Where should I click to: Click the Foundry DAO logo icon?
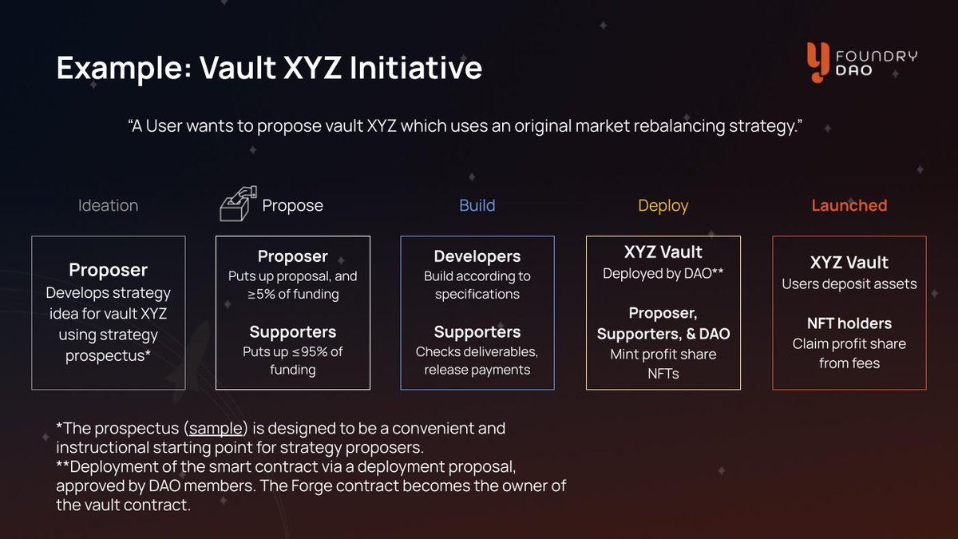pos(817,62)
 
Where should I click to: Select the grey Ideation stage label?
pos(108,205)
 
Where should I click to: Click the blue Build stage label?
pos(477,205)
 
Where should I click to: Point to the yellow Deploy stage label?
pos(663,205)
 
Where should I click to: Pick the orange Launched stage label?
pos(849,205)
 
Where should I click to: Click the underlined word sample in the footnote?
pos(216,428)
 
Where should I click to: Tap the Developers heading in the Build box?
pos(477,256)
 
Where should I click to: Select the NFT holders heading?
pos(849,323)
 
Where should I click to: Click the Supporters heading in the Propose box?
pos(292,332)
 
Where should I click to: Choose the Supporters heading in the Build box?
pos(477,332)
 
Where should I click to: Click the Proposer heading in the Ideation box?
pos(108,270)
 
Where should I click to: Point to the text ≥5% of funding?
pos(292,294)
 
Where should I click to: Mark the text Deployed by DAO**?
pos(663,273)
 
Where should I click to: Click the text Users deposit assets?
pos(849,283)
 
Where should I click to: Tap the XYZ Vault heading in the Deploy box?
pos(663,252)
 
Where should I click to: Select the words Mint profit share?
pos(663,354)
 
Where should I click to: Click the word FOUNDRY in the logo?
pos(876,56)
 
